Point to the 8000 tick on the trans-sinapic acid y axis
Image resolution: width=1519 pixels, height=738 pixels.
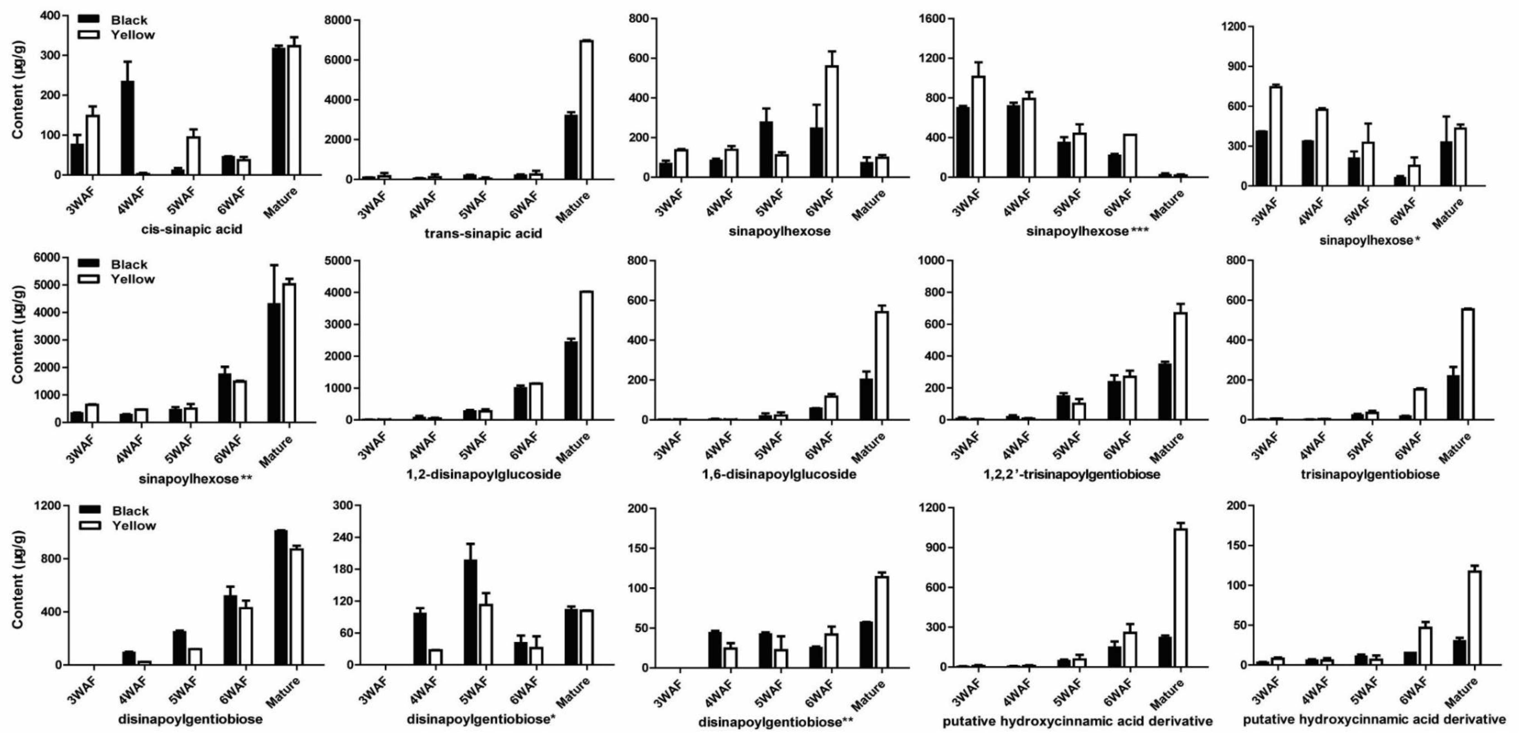click(x=339, y=21)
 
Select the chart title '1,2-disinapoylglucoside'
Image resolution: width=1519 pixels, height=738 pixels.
click(x=483, y=474)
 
